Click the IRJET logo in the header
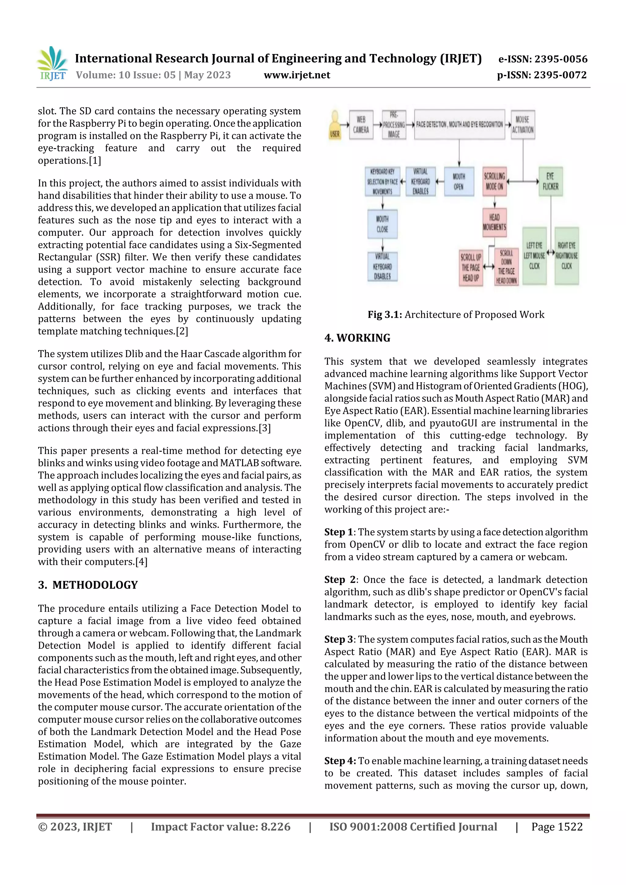click(x=53, y=64)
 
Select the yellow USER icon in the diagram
click(x=334, y=125)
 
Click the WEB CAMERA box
click(x=361, y=125)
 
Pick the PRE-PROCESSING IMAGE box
click(x=394, y=125)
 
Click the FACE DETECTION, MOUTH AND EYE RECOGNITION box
click(x=459, y=125)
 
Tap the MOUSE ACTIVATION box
click(x=523, y=125)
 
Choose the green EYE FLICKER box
click(x=551, y=181)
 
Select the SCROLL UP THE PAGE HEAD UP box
click(x=470, y=268)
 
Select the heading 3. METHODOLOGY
click(x=88, y=585)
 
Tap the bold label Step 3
click(x=339, y=639)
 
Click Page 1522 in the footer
click(x=557, y=826)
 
